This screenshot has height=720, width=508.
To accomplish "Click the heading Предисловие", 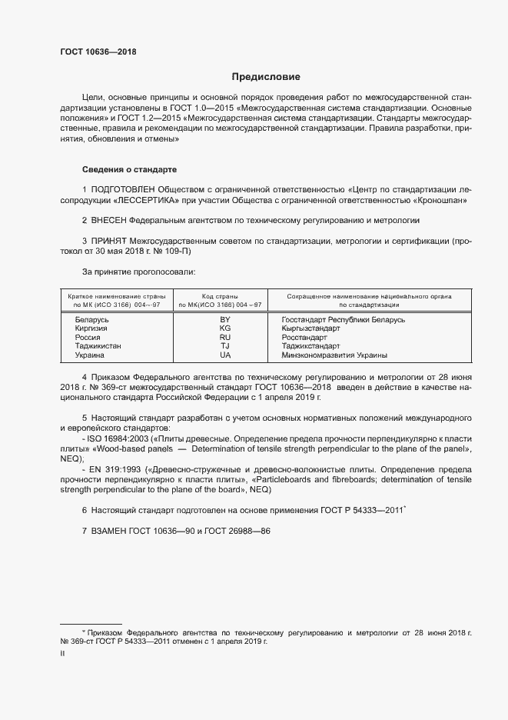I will pos(267,77).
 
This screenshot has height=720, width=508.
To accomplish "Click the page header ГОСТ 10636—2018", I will pos(98,51).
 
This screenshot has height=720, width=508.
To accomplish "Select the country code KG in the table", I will pos(225,328).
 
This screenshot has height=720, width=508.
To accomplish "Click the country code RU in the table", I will pos(225,337).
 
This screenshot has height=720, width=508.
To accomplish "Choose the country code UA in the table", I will pos(225,355).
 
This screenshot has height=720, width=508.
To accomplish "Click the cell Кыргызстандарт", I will pos(311,328).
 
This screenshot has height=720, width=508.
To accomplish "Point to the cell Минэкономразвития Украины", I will pos(334,355).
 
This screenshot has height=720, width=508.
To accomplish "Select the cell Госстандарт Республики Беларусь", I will pos(344,318).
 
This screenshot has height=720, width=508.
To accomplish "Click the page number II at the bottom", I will pos(62,653).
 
